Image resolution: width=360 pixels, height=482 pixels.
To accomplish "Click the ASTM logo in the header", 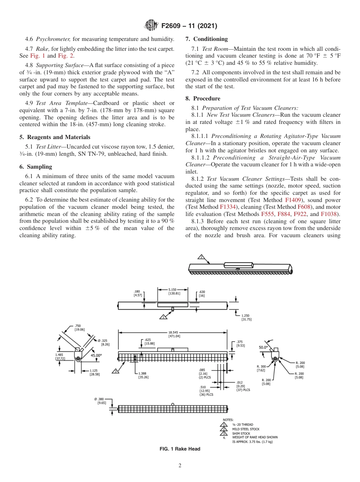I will coord(151,26).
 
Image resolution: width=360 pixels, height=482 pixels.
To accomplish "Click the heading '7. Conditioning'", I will coord(207,39).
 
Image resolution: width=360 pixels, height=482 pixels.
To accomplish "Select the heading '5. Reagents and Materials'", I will coord(55,137).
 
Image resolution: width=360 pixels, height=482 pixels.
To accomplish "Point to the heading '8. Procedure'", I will coord(203,99).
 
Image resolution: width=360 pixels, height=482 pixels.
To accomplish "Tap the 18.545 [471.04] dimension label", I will coord(174,334).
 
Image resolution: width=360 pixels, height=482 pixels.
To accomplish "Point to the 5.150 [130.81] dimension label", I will coord(174,291).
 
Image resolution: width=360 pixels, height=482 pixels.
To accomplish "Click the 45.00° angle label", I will coord(96,355).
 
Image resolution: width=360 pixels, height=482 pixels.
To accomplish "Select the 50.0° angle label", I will coord(263,347).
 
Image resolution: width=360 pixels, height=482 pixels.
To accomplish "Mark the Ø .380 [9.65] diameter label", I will coord(100,401).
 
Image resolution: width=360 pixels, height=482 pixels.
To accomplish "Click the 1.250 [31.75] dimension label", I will coord(246,317).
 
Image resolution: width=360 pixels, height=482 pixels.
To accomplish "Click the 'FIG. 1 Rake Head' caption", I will coord(180,449).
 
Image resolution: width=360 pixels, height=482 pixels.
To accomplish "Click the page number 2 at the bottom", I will coord(180,466).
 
